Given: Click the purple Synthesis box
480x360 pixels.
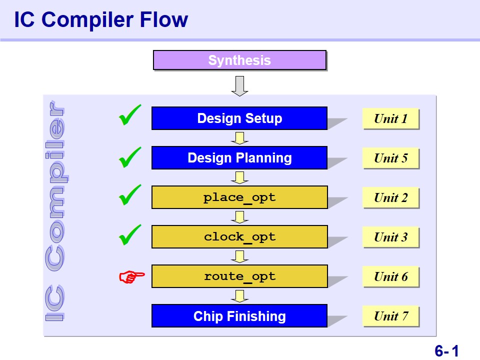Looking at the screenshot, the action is click(239, 60).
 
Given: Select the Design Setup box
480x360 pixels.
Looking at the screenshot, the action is click(239, 118).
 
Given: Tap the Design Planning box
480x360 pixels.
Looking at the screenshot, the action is click(239, 157).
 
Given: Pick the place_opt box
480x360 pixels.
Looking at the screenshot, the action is click(239, 197).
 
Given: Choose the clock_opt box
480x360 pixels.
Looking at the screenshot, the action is click(239, 236).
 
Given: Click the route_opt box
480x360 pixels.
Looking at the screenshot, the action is click(239, 276).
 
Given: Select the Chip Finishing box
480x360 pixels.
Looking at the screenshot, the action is click(239, 316).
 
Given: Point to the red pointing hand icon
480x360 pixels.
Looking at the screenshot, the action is click(131, 276).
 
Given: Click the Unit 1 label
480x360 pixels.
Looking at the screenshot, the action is click(390, 118).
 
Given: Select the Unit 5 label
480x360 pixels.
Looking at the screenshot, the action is click(390, 158).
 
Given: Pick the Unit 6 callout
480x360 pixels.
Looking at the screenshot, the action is click(390, 276).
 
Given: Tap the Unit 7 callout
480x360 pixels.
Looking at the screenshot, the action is click(390, 316).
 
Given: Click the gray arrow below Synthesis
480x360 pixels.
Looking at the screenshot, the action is click(239, 86).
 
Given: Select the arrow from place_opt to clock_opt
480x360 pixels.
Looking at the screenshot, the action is click(239, 217).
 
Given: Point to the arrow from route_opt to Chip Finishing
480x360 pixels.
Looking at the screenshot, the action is click(239, 296).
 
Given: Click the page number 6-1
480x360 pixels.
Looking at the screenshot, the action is click(446, 350).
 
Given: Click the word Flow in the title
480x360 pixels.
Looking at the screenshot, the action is click(164, 19).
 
